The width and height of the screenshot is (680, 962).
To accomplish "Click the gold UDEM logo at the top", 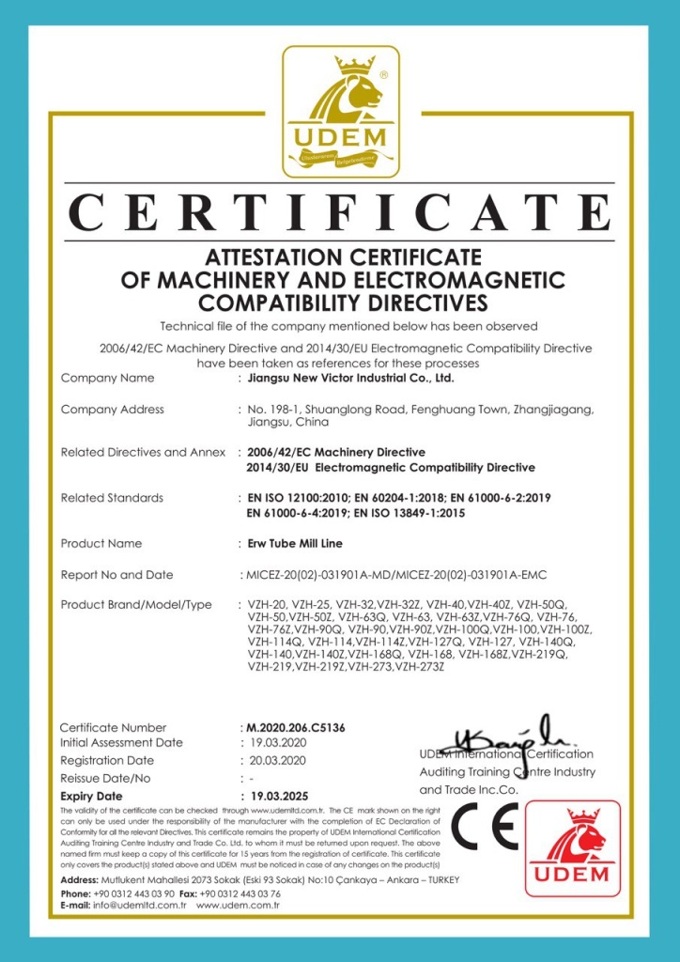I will (x=341, y=112).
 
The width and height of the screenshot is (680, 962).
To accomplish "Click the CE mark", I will (x=484, y=828).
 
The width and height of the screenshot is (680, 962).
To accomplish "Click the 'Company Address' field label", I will (x=113, y=409).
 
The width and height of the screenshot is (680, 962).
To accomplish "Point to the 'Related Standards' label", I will (x=112, y=497).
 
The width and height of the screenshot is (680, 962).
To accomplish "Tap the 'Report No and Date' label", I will (x=117, y=574).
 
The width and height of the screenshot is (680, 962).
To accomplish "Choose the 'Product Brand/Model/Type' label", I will (x=136, y=604).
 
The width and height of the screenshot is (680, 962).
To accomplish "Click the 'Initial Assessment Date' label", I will (x=121, y=742).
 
